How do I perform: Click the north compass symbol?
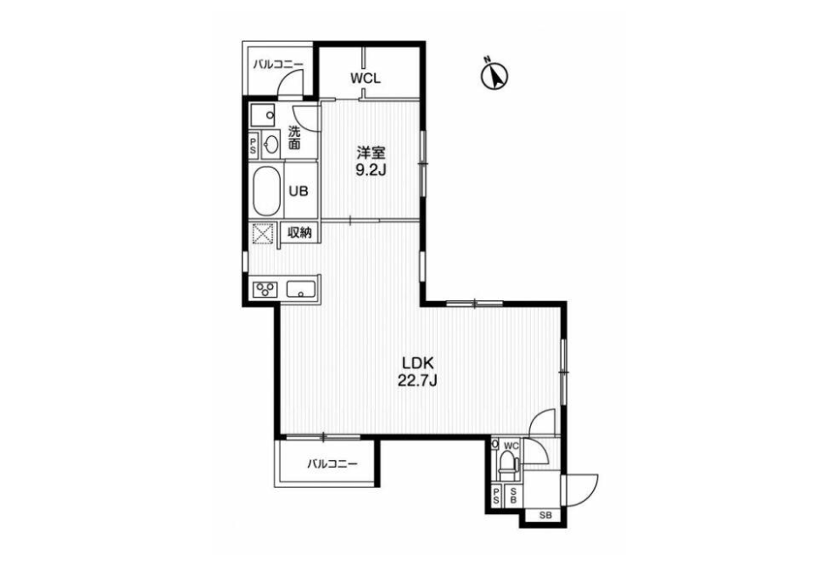[x=494, y=74]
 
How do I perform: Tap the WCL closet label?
[x=365, y=79]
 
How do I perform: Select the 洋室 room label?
[x=371, y=153]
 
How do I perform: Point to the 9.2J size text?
[x=371, y=170]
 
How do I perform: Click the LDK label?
[x=418, y=362]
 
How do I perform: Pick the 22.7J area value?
[x=418, y=380]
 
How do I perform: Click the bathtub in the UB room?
[x=267, y=191]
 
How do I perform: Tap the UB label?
[x=298, y=191]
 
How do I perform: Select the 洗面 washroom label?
[x=295, y=137]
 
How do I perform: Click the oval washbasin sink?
[x=270, y=145]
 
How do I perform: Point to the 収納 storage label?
[x=300, y=232]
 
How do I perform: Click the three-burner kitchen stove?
[x=266, y=289]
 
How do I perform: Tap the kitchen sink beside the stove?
[x=301, y=289]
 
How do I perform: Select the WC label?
[x=511, y=446]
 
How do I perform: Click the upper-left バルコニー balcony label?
[x=278, y=65]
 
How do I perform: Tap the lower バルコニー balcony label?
[x=332, y=464]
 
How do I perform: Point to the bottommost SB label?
[x=546, y=516]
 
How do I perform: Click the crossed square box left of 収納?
[x=264, y=233]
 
